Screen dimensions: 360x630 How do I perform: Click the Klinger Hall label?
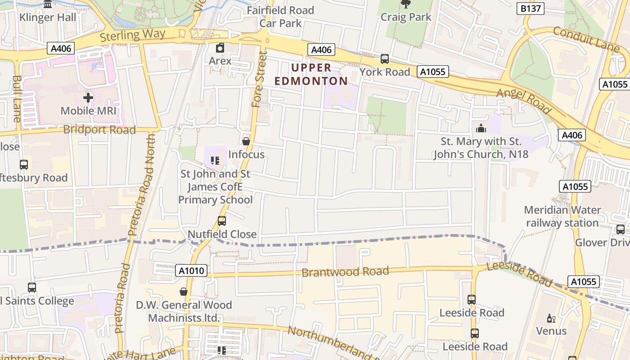tap(48, 18)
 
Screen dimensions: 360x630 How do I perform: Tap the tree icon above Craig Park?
tap(405, 4)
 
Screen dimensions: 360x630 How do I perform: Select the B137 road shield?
tap(531, 9)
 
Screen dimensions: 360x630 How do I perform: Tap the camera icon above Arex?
tap(220, 48)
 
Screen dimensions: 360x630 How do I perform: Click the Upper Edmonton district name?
tap(311, 74)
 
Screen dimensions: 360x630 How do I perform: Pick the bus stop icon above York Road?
tap(385, 58)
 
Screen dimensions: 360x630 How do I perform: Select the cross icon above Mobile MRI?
tap(88, 97)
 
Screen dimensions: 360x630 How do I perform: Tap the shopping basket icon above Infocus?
tap(246, 141)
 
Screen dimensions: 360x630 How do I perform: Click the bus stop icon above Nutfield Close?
tap(222, 221)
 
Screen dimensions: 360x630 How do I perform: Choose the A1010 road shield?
tap(192, 271)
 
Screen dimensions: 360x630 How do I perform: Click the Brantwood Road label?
tap(345, 272)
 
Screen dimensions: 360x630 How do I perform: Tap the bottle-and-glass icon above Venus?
tap(551, 319)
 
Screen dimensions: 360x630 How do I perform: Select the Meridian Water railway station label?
tap(562, 216)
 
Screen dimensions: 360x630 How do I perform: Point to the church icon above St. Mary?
tap(481, 129)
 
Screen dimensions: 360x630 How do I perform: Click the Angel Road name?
tap(524, 101)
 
